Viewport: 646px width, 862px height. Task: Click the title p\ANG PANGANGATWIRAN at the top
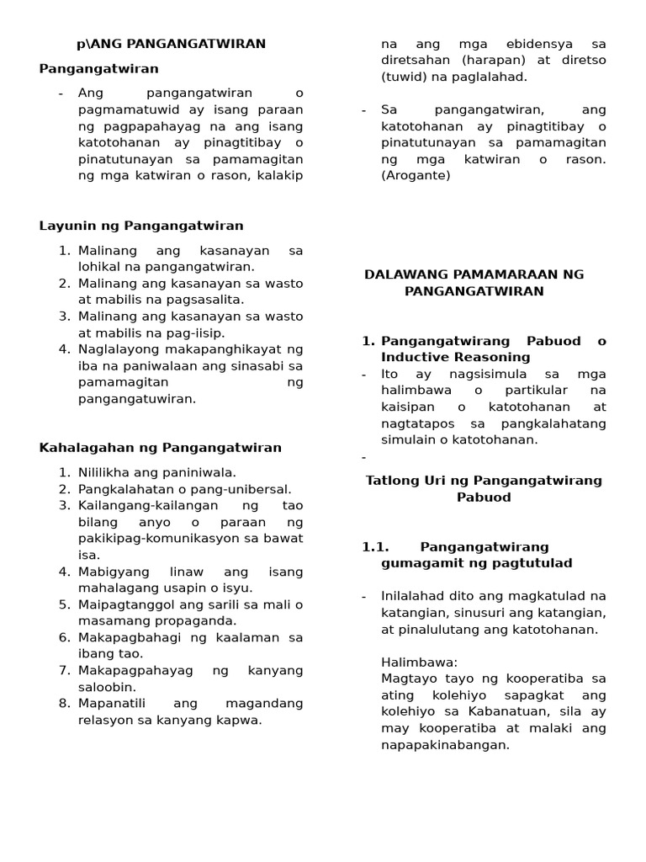[x=171, y=44]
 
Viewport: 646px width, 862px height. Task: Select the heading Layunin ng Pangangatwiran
[x=141, y=226]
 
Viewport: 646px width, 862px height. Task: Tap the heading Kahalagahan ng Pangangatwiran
[x=161, y=448]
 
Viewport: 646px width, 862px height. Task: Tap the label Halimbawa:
[x=419, y=662]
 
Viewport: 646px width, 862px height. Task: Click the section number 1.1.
[x=377, y=547]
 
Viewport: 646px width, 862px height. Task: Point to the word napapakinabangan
[x=445, y=745]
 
